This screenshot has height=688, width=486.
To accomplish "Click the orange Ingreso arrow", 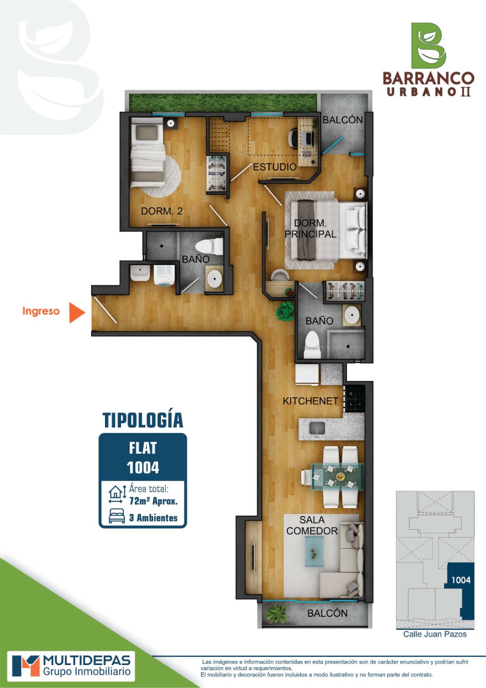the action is [77, 313].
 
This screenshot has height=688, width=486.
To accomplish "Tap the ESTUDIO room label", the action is [275, 167].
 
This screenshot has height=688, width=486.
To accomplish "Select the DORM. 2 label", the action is [162, 211].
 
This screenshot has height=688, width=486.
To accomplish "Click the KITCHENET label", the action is [310, 401].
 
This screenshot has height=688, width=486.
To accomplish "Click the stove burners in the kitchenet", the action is [354, 399].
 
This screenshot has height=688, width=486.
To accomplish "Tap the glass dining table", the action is [337, 477].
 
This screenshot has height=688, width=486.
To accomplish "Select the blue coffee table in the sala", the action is [314, 551].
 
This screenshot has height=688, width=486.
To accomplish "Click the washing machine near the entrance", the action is [164, 275].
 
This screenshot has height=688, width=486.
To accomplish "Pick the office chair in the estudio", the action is [292, 137].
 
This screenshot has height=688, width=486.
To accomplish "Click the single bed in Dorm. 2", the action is [147, 152].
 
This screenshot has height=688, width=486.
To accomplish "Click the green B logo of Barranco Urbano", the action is [428, 46].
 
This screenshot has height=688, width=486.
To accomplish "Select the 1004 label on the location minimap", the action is [460, 580].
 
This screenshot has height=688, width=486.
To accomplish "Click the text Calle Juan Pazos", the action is [435, 634].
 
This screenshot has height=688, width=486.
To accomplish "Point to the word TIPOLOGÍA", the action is [143, 420].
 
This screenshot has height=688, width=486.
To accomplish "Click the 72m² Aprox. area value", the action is [153, 501].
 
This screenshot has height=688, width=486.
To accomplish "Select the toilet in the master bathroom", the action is [312, 344].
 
